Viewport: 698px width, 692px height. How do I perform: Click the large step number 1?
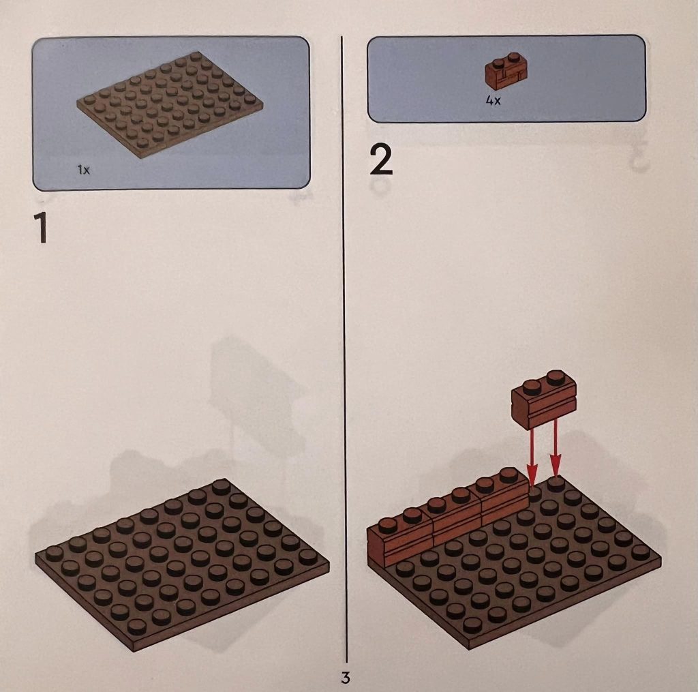coord(41,228)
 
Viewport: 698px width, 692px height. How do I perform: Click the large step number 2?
coord(381,161)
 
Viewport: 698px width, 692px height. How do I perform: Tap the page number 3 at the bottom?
coord(346,677)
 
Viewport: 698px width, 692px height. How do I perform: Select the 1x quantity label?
coord(84,170)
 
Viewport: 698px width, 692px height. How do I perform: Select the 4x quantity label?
coord(494,101)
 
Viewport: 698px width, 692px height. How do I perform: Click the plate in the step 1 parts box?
coord(170,100)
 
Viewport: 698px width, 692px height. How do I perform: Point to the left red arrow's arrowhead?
coord(532,473)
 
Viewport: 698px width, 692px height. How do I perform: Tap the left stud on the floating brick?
coord(532,387)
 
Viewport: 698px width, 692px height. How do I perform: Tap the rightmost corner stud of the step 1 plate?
coord(308,556)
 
